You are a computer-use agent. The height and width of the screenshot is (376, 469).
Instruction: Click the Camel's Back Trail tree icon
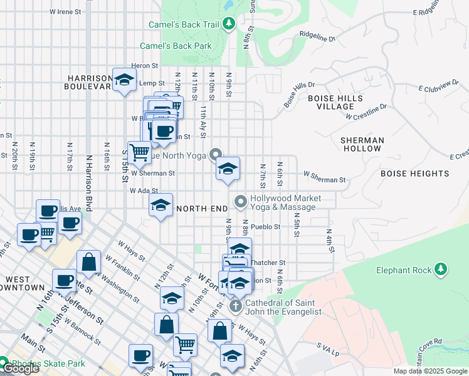coord(229,24)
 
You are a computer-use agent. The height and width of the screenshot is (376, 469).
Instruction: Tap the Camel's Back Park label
coord(176,46)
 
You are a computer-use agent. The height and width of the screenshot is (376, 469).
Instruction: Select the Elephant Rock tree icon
coord(441,269)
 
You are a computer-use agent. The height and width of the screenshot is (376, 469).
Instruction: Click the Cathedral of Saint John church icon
coord(236,306)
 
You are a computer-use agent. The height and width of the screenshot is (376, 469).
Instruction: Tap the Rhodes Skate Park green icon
coord(3,363)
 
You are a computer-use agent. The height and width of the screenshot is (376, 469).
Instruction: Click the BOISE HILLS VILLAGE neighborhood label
coord(335,102)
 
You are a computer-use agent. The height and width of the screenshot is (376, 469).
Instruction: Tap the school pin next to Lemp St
coord(124,80)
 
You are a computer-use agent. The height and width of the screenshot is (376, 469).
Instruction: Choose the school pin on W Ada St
coord(161,205)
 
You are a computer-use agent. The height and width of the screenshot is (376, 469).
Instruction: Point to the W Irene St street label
coord(65,11)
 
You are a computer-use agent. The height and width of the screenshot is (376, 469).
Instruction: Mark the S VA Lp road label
coord(327,346)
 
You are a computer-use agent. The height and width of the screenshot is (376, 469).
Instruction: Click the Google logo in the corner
coord(20,369)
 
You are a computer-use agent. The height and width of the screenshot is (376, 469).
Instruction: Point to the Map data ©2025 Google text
coord(430,371)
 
